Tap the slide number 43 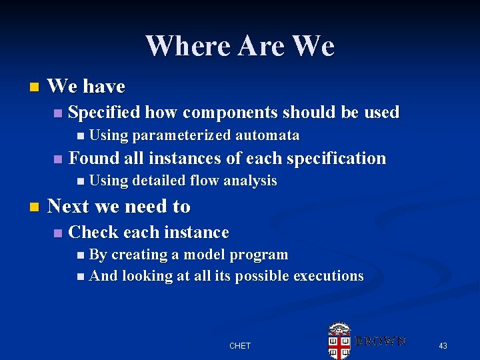point(443,345)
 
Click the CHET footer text point(240,345)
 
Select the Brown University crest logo point(339,340)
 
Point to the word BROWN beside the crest point(380,341)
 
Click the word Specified point(104,112)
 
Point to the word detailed point(159,181)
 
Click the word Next point(69,207)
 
